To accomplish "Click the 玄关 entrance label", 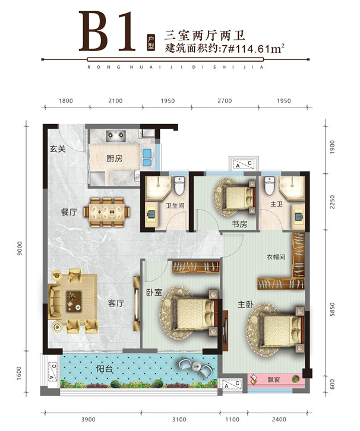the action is (x=58, y=149).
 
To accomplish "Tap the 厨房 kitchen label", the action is (x=115, y=159).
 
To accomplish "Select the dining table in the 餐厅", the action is (x=107, y=213).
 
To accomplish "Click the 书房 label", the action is (x=239, y=224).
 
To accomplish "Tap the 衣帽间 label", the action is (x=276, y=257).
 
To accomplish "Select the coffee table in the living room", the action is (x=74, y=301).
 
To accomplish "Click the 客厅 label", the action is (x=116, y=303).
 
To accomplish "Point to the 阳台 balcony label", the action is (x=105, y=369).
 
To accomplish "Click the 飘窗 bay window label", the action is (x=274, y=379).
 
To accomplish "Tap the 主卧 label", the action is (x=245, y=305).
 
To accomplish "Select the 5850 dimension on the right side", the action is (x=333, y=309).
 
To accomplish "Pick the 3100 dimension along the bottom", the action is (x=179, y=420).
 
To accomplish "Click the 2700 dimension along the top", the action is (x=225, y=101).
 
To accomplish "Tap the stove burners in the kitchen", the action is (x=116, y=136).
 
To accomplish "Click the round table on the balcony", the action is (x=197, y=366).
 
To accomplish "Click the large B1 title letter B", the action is (x=94, y=31).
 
